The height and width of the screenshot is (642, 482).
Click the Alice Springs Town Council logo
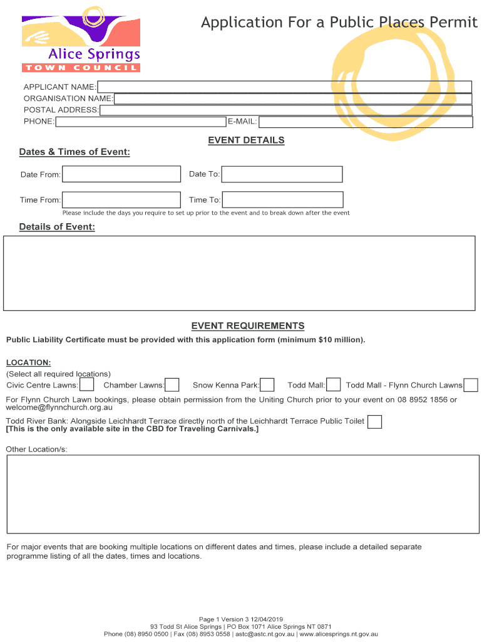click(81, 40)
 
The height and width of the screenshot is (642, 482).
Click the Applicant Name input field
click(284, 87)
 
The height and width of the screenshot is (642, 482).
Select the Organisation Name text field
click(292, 98)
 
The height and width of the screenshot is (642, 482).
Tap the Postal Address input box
click(285, 110)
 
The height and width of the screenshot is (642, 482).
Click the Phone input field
click(140, 122)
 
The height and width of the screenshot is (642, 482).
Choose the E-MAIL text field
click(366, 122)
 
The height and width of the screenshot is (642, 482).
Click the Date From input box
click(121, 174)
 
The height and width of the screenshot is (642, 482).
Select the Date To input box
click(282, 174)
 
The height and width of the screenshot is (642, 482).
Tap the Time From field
click(121, 200)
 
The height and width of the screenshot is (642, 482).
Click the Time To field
click(283, 200)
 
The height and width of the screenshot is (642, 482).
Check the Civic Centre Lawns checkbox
click(87, 385)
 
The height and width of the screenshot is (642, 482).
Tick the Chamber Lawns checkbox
click(172, 385)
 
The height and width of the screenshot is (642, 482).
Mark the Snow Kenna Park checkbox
click(267, 385)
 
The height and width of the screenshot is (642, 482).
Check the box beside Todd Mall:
click(334, 385)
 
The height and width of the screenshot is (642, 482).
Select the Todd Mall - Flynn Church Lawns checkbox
click(471, 385)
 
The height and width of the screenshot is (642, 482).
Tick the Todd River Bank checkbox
click(374, 422)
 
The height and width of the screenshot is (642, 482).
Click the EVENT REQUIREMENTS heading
click(247, 326)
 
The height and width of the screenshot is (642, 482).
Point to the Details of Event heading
click(57, 227)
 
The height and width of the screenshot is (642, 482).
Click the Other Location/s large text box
click(242, 493)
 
